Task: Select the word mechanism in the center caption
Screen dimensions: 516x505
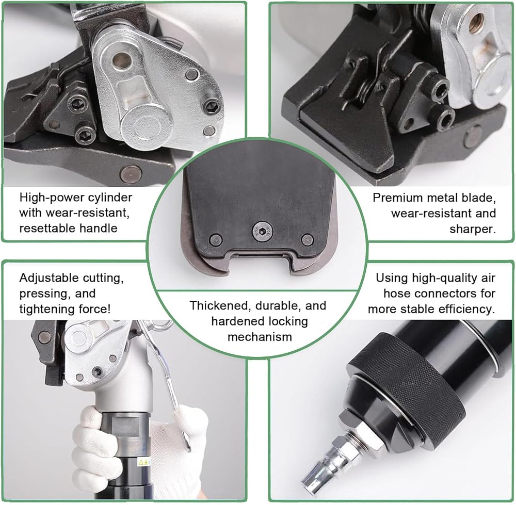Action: [260, 337]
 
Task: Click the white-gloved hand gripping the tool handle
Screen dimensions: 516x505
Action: [98, 441]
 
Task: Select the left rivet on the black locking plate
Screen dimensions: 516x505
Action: [216, 238]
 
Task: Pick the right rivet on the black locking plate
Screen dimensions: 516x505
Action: [308, 239]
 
